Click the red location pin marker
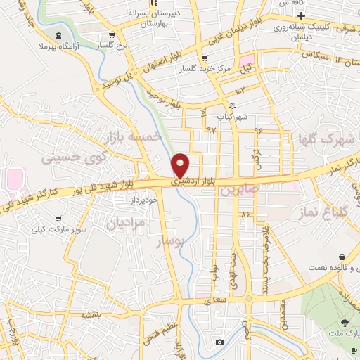coord(181,166)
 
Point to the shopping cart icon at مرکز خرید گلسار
coord(205,58)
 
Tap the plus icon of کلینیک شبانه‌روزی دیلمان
coord(300,15)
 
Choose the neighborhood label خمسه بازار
coord(133,136)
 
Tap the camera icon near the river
coord(220,342)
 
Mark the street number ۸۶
coord(245,213)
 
